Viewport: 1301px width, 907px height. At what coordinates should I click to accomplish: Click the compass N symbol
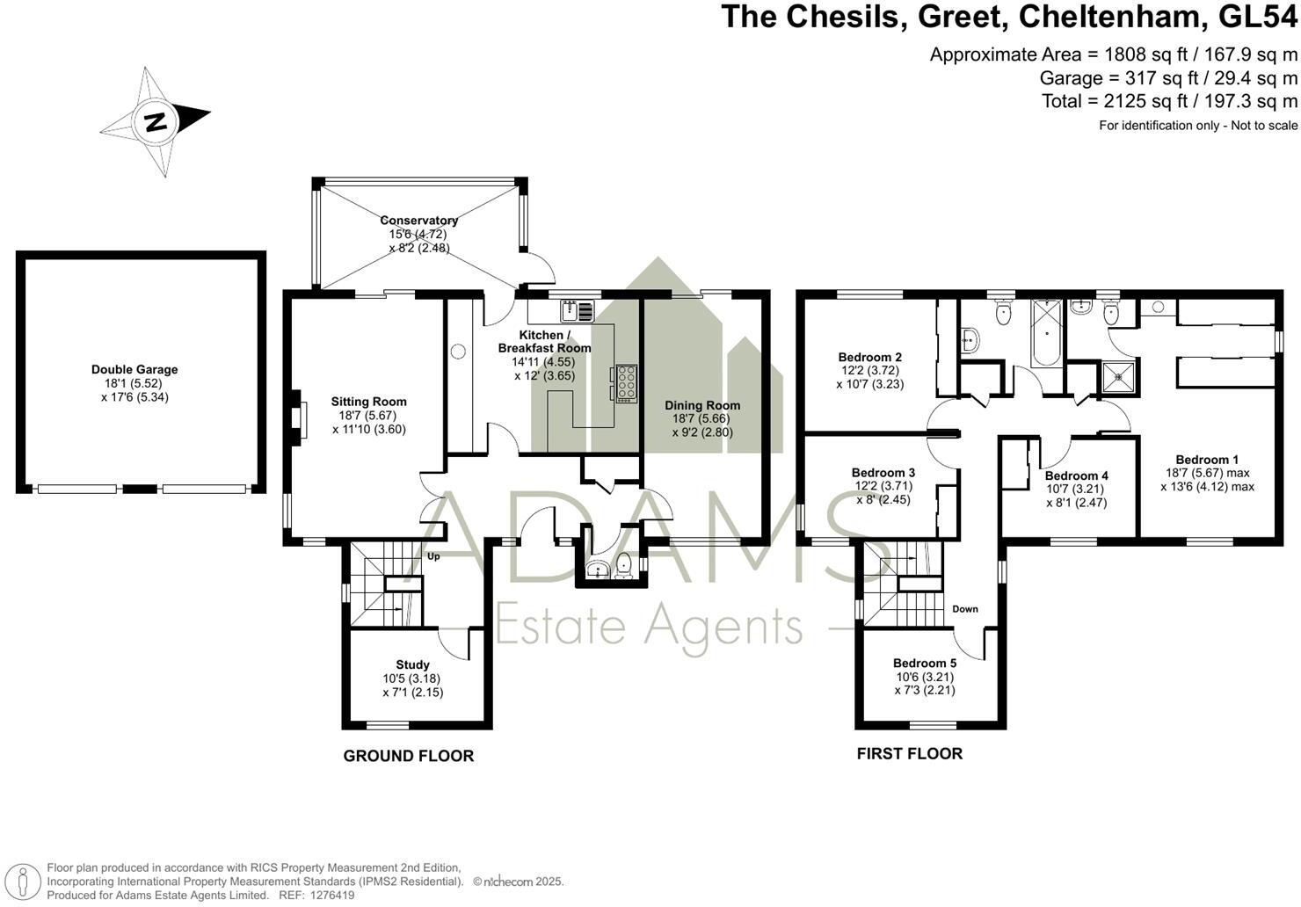(x=155, y=122)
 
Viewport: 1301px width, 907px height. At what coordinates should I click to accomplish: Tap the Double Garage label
(x=134, y=370)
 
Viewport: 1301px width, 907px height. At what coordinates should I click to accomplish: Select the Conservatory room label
(x=418, y=221)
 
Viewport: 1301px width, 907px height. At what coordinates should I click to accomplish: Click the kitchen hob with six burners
(x=626, y=383)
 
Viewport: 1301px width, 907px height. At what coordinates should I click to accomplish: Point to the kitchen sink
(x=578, y=310)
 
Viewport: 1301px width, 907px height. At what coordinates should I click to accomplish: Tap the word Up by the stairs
(x=433, y=556)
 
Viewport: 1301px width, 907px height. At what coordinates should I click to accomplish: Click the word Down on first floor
(x=965, y=609)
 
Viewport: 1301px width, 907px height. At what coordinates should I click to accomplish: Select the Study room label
(x=412, y=664)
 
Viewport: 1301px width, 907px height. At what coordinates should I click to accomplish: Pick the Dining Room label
(x=702, y=405)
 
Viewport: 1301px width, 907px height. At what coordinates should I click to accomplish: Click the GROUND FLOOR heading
(x=408, y=756)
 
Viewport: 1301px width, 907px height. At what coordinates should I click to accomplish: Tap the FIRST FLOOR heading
(x=910, y=754)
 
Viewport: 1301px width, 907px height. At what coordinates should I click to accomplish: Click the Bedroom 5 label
(x=925, y=664)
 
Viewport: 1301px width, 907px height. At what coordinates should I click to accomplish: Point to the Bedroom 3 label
(x=883, y=473)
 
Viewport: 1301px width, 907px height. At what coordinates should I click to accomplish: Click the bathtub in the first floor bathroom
(x=1047, y=333)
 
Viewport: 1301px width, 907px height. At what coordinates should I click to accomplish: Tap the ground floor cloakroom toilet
(x=623, y=566)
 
